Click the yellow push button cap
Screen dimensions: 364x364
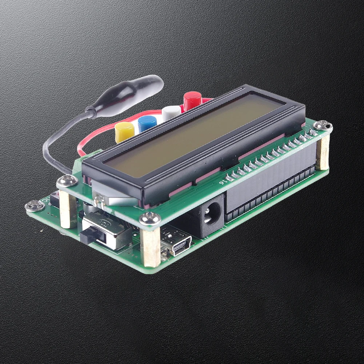click(124, 132)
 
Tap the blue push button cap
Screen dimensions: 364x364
click(147, 123)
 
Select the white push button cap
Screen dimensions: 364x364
click(171, 113)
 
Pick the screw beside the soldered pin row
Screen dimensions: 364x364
click(323, 126)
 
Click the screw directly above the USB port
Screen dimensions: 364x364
click(150, 218)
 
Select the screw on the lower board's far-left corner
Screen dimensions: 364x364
click(35, 206)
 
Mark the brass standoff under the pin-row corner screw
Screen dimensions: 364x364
click(322, 152)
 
